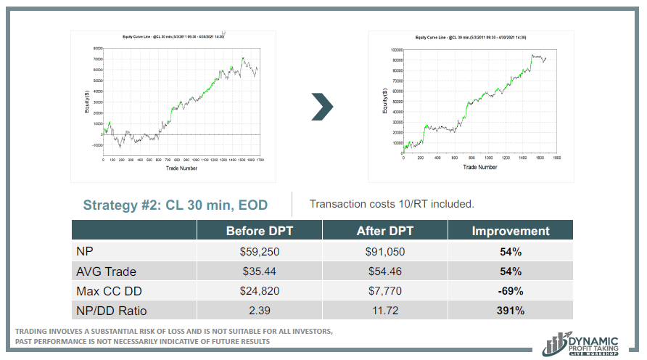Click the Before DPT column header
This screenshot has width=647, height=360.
point(259,231)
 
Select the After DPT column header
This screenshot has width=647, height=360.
point(384,231)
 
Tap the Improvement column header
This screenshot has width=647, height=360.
point(511,231)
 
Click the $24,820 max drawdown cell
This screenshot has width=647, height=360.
point(259,291)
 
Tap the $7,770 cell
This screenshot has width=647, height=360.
point(384,291)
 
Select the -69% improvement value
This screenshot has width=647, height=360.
point(511,291)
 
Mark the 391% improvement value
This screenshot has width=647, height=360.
point(511,311)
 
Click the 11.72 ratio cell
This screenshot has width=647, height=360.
point(384,311)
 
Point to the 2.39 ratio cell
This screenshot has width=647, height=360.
point(259,311)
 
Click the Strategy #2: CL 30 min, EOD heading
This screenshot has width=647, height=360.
point(175,205)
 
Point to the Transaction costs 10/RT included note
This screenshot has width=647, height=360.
point(392,204)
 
